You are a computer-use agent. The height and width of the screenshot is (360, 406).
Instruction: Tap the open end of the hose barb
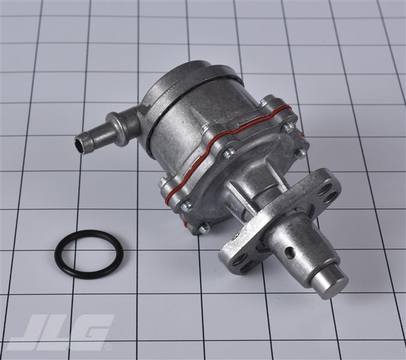pyautogui.click(x=80, y=142)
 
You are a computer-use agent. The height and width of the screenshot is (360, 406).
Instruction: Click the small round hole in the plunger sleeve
pyautogui.click(x=290, y=253)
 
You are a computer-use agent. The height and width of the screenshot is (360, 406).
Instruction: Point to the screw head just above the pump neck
pyautogui.click(x=230, y=154)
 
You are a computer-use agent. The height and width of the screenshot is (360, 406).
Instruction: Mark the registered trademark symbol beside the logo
pyautogui.click(x=109, y=347)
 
